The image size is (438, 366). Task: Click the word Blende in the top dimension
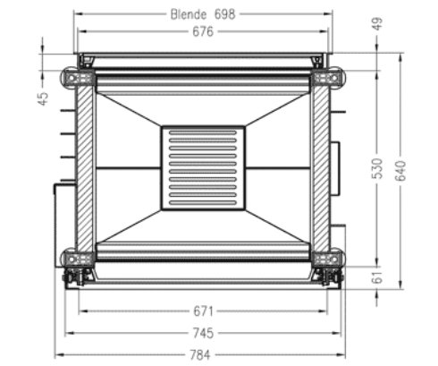click(189, 13)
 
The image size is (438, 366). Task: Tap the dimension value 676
click(203, 32)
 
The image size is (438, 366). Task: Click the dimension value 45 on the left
click(43, 98)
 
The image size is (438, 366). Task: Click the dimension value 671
click(203, 311)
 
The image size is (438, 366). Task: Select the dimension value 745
click(203, 333)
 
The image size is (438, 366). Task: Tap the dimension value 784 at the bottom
click(203, 353)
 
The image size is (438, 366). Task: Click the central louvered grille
click(203, 168)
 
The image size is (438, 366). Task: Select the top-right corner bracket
click(327, 80)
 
